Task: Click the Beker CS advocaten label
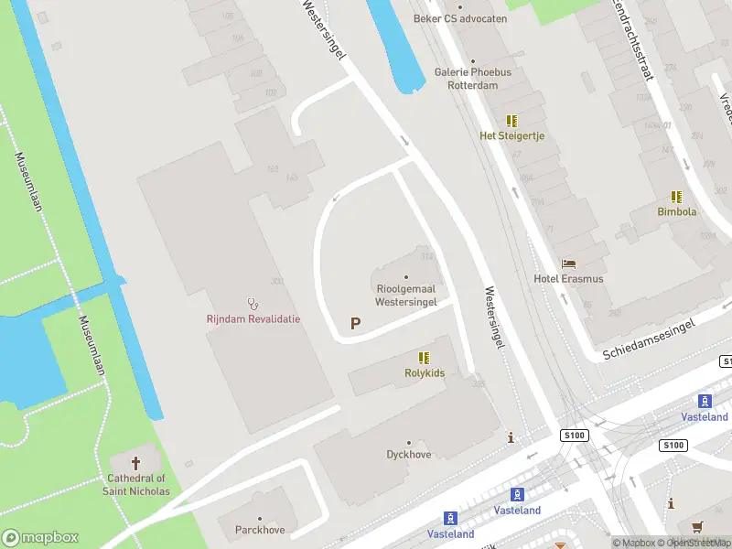coord(459,17)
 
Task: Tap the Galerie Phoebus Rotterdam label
coord(472,79)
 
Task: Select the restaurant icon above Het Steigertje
coord(512,120)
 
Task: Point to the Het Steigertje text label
coord(512,135)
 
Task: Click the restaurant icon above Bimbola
coord(676,196)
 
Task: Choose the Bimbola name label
coord(677,211)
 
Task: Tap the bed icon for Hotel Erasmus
coord(568,264)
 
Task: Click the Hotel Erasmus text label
coord(568,278)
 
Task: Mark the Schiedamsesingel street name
coord(651,339)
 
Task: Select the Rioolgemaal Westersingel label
coord(406,295)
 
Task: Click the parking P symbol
coord(355,323)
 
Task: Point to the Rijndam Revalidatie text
coord(253,318)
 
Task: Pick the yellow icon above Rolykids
coord(424,357)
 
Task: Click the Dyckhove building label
coord(409,453)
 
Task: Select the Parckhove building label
coord(260,529)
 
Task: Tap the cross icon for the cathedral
coord(137,463)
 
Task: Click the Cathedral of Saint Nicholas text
coord(137,484)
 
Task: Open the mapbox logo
coord(40,538)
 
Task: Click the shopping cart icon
coord(698,526)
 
